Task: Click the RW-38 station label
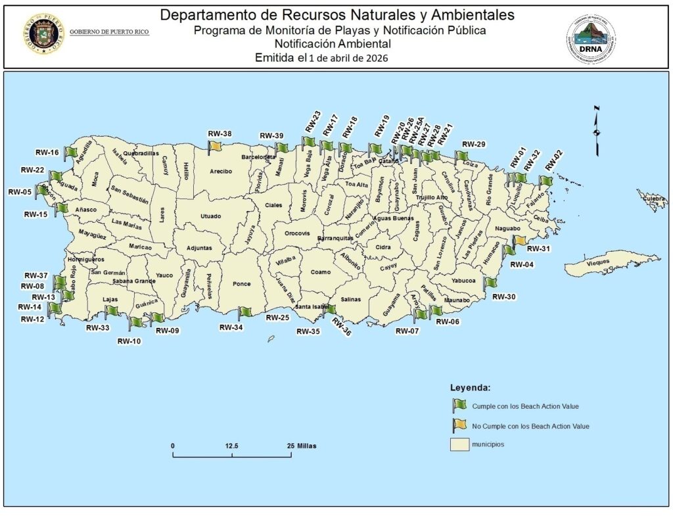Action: tap(220, 134)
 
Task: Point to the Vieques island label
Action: tap(598, 262)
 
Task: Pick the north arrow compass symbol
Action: tap(596, 130)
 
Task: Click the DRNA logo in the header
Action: tap(590, 39)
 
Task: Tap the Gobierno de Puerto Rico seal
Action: tap(42, 33)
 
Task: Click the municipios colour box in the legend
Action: tap(459, 444)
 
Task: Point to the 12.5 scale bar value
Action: tap(231, 446)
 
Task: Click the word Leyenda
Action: tap(470, 387)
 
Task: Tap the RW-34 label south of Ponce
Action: tap(231, 327)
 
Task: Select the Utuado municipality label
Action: tap(211, 216)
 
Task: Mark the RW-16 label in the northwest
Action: tap(47, 153)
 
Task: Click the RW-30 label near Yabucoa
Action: tap(504, 297)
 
